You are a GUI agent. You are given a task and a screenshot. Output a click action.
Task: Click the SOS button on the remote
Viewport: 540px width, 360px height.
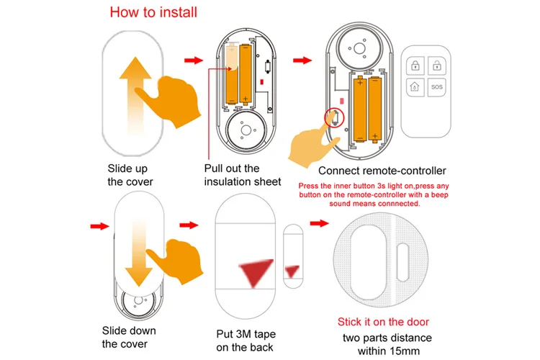coord(436,89)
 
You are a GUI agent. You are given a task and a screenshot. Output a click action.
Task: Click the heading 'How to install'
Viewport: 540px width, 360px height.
coord(153,12)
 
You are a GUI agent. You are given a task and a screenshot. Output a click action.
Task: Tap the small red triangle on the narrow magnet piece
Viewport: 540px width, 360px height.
coord(292,271)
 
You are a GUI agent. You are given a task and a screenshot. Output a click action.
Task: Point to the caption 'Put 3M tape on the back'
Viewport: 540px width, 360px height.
coord(246,341)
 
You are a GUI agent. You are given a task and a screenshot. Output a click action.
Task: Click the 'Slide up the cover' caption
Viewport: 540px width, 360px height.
coord(130,175)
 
